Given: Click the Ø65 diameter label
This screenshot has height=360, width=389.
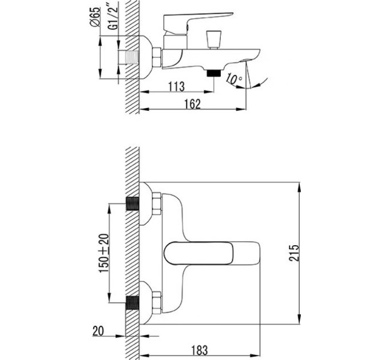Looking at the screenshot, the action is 96,17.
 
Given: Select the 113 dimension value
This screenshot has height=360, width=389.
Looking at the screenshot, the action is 176,86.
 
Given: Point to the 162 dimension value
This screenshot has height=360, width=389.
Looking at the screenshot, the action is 192,104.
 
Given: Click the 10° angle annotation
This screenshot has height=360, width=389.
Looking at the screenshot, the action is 234,78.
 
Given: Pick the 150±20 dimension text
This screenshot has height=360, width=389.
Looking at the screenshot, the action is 104,253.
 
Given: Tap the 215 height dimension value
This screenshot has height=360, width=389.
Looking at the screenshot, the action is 294,253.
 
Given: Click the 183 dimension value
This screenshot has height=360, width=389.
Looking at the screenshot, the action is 200,350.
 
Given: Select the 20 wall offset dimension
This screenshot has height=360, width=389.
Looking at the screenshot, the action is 98,331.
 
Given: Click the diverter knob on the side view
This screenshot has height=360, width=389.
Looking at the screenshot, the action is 213,39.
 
